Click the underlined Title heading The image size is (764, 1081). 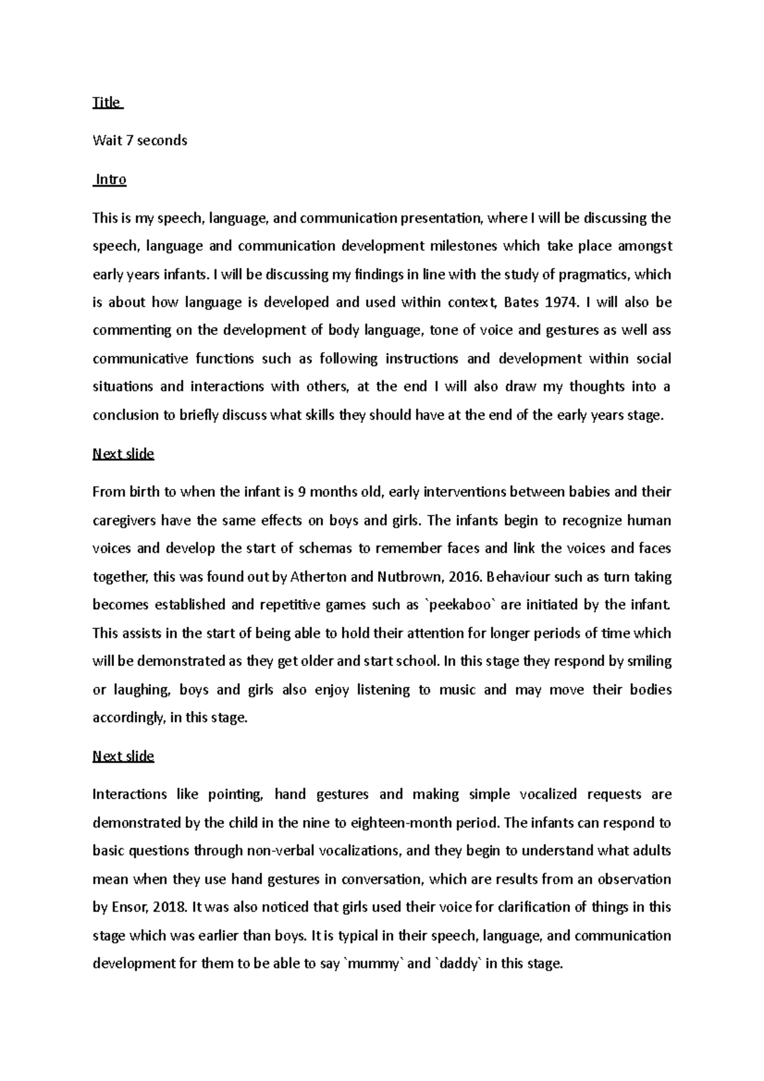(x=106, y=102)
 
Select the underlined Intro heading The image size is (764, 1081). (x=111, y=180)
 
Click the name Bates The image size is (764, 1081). (x=520, y=302)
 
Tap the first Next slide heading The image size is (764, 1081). (x=123, y=454)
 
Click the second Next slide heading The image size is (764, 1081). (x=123, y=756)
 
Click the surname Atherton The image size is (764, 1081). (x=318, y=577)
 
